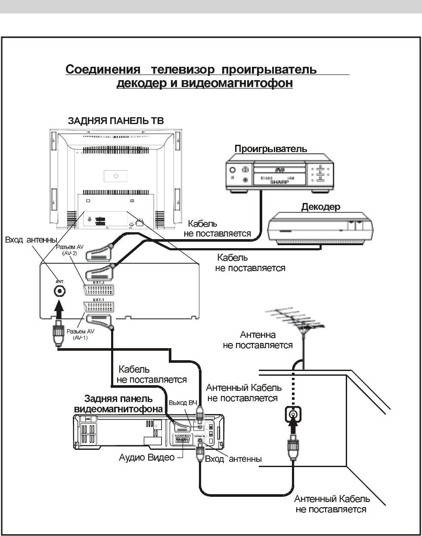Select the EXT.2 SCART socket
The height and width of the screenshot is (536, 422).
pyautogui.click(x=99, y=290)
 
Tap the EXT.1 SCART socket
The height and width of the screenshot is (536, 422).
pyautogui.click(x=99, y=307)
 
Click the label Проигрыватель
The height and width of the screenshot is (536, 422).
pyautogui.click(x=270, y=149)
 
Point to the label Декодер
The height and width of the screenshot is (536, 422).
pyautogui.click(x=320, y=207)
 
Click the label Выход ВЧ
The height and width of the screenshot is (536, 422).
pyautogui.click(x=183, y=402)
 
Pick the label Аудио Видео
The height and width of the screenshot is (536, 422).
pyautogui.click(x=147, y=458)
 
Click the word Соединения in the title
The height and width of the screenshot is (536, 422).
pyautogui.click(x=104, y=69)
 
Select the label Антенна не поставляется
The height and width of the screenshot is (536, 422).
pyautogui.click(x=258, y=340)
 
